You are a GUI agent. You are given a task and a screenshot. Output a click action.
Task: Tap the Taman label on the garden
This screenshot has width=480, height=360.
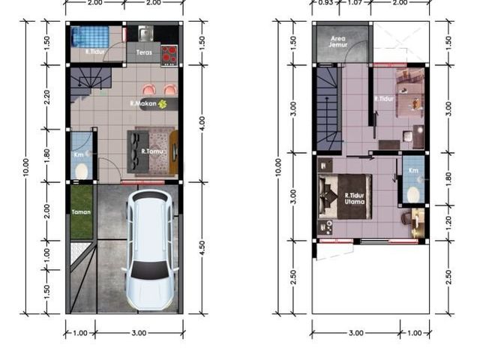coord(81,211)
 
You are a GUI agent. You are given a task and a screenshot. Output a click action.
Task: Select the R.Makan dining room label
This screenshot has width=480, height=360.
coord(143,103)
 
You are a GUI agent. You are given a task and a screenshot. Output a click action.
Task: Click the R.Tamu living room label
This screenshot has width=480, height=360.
coord(152,151)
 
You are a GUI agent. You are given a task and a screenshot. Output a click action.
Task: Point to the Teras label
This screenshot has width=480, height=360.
coord(144,52)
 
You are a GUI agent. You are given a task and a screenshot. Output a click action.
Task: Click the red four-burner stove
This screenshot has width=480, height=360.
coord(169,55)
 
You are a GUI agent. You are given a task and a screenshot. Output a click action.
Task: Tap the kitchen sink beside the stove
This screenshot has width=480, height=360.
coord(145,33)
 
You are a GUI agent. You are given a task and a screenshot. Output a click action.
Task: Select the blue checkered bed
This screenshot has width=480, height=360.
coord(90,37)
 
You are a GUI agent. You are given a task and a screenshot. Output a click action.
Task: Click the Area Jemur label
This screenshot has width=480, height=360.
coord(338,42)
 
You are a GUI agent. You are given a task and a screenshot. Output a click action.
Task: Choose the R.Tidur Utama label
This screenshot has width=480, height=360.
coord(355,198)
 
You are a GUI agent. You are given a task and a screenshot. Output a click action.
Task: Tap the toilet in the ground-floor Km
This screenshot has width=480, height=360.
coord(81,172)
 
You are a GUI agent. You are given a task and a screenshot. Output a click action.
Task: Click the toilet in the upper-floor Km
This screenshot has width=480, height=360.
coord(413,195)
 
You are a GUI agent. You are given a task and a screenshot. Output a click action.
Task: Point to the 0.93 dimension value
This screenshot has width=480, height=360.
coord(325,3)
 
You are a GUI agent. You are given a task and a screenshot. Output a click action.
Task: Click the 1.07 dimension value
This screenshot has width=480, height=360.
coord(355,3)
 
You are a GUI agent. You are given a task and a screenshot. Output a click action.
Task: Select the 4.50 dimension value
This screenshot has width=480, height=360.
coord(202,248)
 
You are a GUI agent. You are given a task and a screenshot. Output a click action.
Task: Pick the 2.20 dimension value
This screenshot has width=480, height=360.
coord(46,97)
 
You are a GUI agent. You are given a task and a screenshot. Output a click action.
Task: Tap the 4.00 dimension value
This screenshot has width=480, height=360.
coord(202,123)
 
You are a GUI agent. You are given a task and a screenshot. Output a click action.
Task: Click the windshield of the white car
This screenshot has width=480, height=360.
coord(150,270)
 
